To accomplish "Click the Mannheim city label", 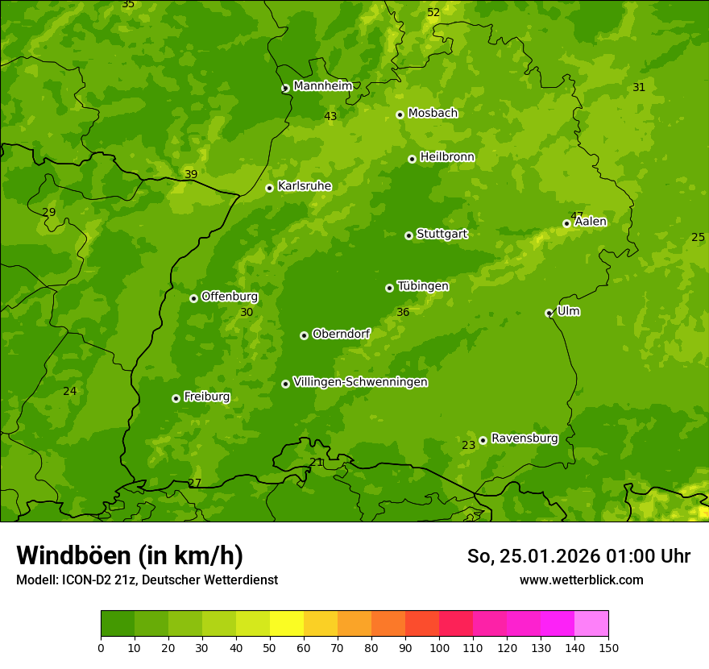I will click(x=322, y=86).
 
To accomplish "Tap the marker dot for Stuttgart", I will click(x=408, y=235).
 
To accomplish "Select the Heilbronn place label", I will click(x=447, y=157).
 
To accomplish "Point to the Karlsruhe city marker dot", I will click(x=269, y=188).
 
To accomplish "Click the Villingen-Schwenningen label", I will click(x=360, y=382).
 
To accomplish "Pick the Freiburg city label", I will click(x=206, y=397).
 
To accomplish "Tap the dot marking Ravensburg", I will click(x=483, y=440).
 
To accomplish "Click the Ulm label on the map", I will click(x=568, y=311).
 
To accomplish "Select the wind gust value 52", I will click(x=433, y=12).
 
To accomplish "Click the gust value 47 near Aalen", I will click(x=577, y=215).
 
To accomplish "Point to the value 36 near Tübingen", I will click(x=403, y=312).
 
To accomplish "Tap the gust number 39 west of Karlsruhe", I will click(x=191, y=174).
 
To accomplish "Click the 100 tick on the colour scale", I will click(x=439, y=647).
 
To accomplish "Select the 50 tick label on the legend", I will click(x=270, y=647).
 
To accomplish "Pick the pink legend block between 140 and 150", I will click(x=591, y=624).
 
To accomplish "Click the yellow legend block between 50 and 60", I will click(x=287, y=624).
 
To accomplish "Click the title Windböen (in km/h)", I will click(x=130, y=555).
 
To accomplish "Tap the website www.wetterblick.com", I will click(x=581, y=580).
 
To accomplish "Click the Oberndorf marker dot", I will click(x=304, y=335).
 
